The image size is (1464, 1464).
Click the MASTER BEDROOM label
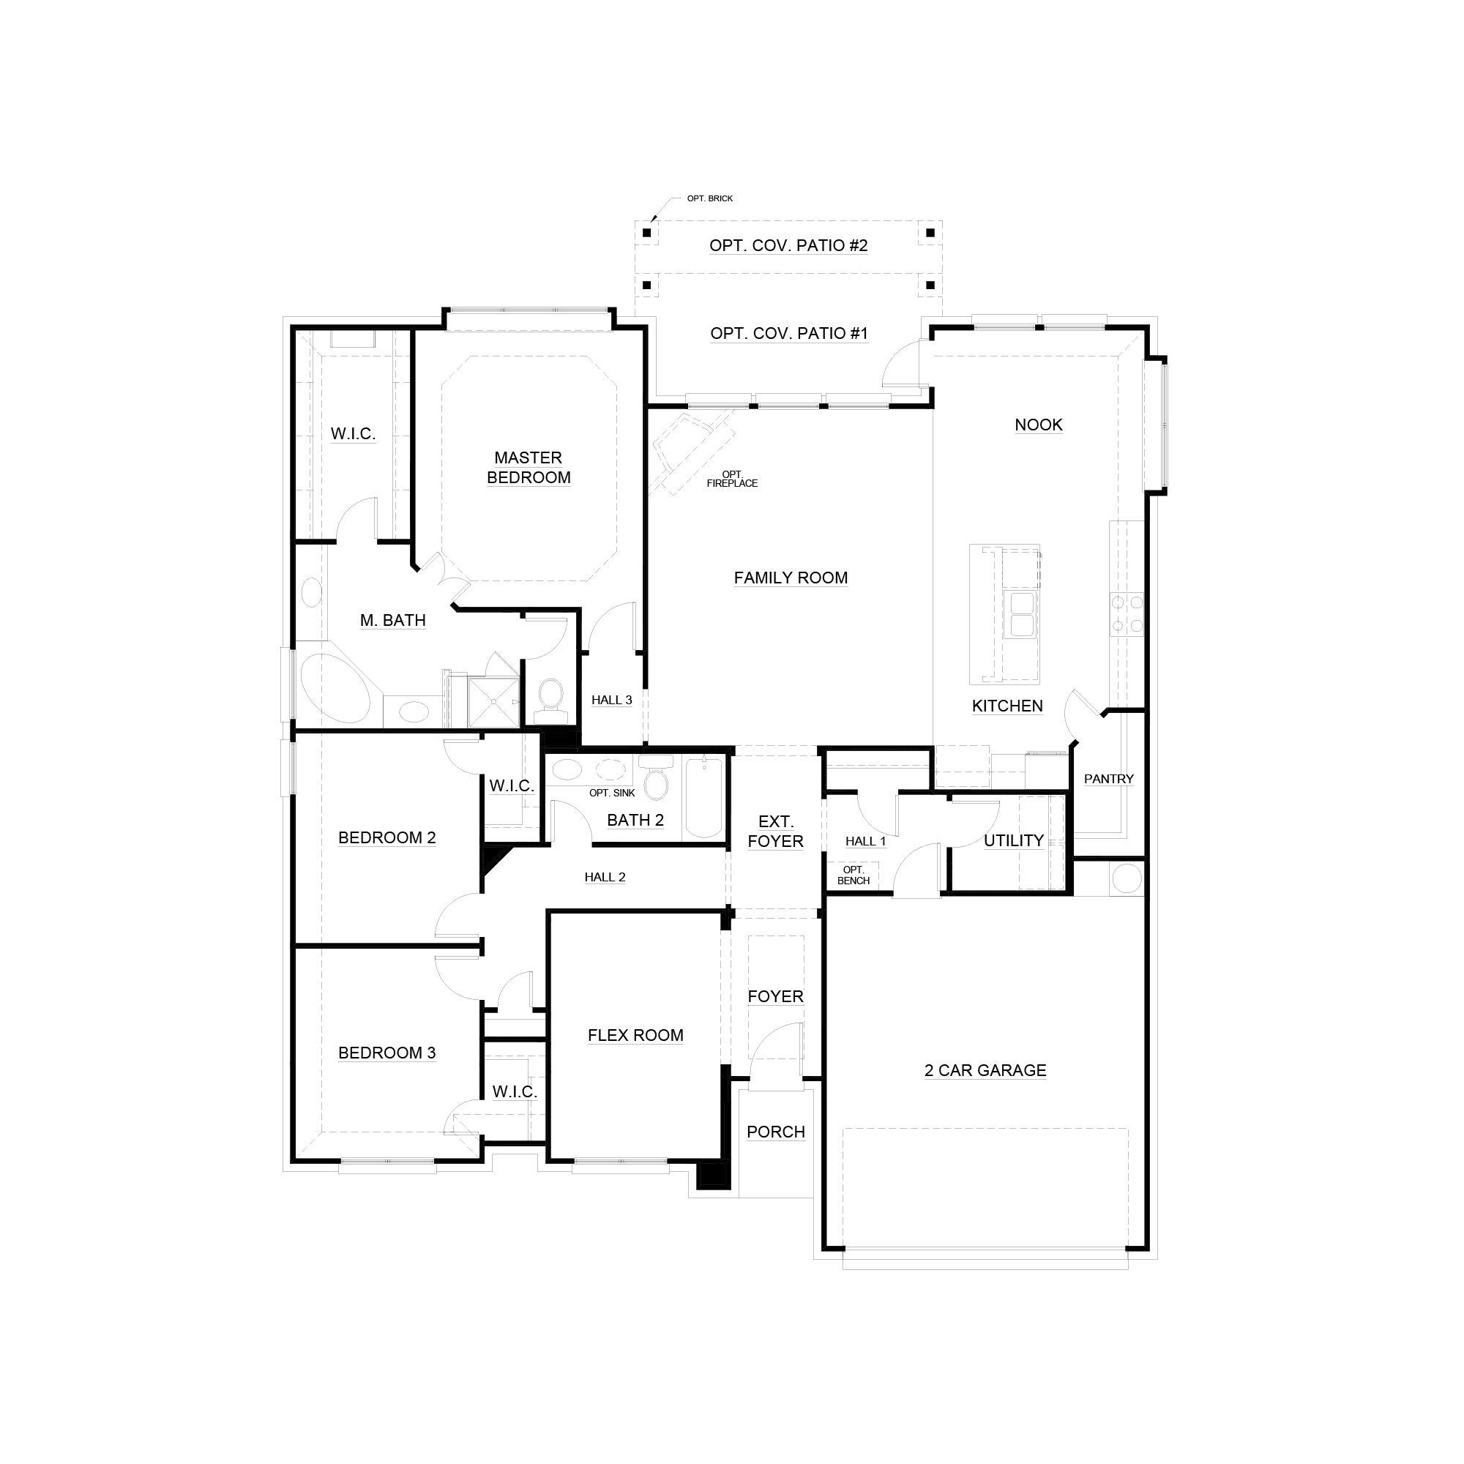[x=529, y=468]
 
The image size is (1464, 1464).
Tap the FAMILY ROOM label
[x=791, y=578]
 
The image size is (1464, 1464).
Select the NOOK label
[x=1038, y=425]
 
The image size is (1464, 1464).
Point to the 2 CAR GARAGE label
[x=985, y=1070]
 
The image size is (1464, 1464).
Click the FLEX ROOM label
[x=635, y=1035]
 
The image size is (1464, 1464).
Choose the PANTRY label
[x=1108, y=779]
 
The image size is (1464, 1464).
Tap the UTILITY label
[x=1013, y=840]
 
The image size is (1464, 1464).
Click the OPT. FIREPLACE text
[x=732, y=479]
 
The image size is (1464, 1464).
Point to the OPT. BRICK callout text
[x=710, y=198]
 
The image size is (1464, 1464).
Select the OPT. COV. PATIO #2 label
[x=788, y=245]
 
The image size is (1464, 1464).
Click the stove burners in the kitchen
[x=1127, y=615]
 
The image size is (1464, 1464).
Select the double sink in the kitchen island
[x=1021, y=615]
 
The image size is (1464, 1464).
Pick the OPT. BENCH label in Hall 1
[x=854, y=875]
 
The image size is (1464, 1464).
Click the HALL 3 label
[x=611, y=701]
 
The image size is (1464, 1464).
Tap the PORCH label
[x=775, y=1132]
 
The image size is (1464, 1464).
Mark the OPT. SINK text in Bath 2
[x=612, y=793]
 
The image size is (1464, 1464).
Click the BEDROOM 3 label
[x=386, y=1053]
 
